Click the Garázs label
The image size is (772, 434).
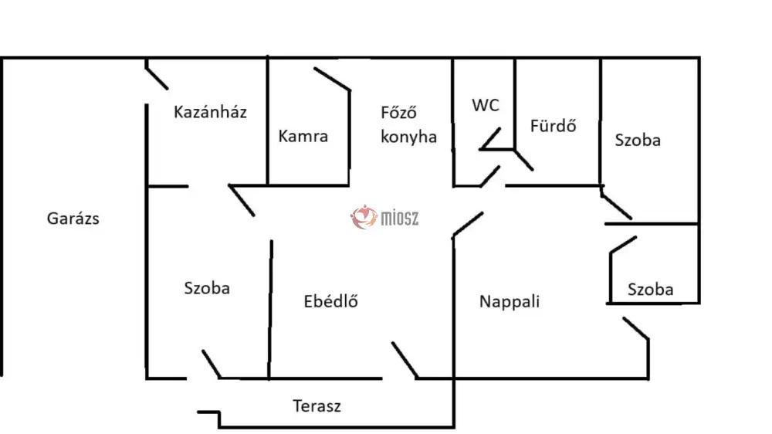(73, 219)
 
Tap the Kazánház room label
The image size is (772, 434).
(210, 112)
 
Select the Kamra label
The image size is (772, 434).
(303, 137)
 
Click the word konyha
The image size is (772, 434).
(408, 137)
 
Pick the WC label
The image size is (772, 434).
(486, 106)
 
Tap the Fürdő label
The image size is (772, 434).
(554, 126)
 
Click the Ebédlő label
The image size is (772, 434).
(331, 301)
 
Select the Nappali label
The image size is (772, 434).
(509, 301)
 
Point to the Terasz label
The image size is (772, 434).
(317, 405)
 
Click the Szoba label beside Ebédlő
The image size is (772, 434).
(207, 288)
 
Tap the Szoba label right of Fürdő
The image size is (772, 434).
(638, 140)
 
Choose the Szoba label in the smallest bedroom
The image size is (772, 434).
(650, 290)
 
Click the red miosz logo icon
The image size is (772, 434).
(362, 218)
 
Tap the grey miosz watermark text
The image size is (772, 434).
(399, 219)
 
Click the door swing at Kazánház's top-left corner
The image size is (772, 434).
(157, 77)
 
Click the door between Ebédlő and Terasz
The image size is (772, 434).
(405, 360)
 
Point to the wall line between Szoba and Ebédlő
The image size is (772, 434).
(271, 309)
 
